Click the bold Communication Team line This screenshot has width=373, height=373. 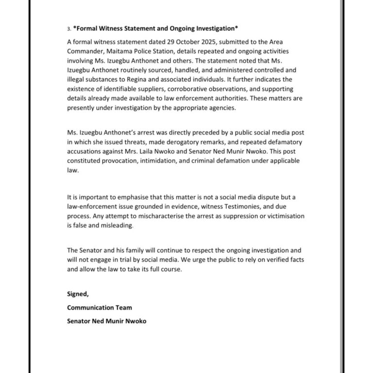pyautogui.click(x=99, y=308)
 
